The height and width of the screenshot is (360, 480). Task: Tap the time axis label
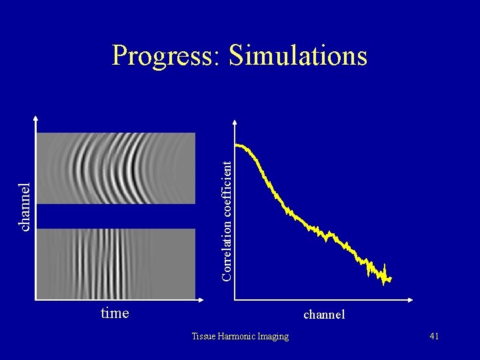coord(115,313)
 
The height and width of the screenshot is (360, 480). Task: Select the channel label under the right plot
coord(324,313)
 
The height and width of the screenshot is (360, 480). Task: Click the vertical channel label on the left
coord(25,207)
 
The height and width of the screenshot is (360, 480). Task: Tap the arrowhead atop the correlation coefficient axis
coord(235,122)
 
